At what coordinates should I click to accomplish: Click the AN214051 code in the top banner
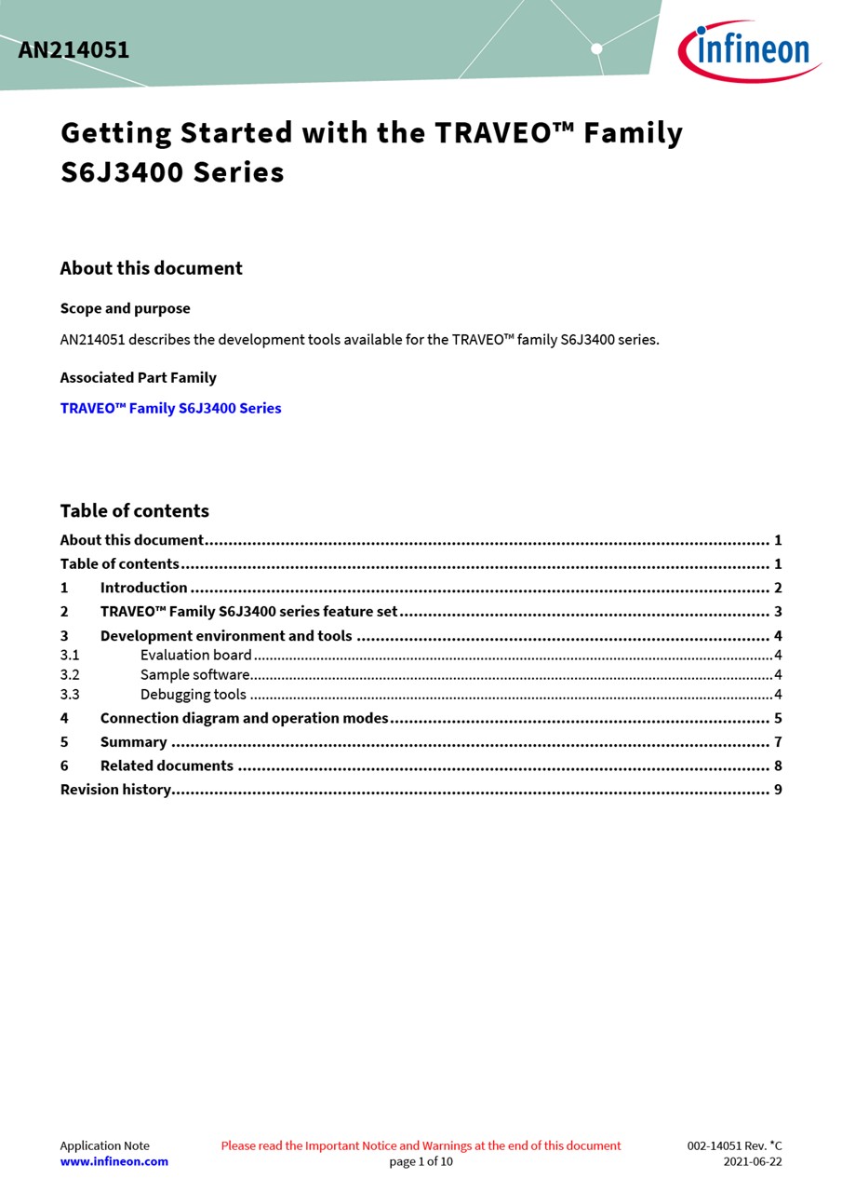[x=74, y=50]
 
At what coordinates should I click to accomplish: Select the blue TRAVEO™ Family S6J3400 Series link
[x=170, y=408]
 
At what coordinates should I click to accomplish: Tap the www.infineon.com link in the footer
[x=114, y=1161]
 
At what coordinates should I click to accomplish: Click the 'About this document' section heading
[x=151, y=268]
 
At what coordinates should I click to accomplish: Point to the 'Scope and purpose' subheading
[x=125, y=308]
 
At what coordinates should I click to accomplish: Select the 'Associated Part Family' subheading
[x=138, y=377]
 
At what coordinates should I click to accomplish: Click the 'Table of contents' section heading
[x=134, y=510]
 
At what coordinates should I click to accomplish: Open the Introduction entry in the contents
[x=143, y=588]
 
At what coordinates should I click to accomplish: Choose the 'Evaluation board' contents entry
[x=195, y=655]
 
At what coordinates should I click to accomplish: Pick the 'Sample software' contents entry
[x=194, y=674]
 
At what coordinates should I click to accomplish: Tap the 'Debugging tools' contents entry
[x=193, y=694]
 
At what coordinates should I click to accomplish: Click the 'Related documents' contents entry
[x=167, y=765]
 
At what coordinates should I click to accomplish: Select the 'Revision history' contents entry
[x=115, y=790]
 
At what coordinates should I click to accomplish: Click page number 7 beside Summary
[x=777, y=742]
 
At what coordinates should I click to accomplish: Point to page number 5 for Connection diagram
[x=777, y=718]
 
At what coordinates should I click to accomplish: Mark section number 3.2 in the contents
[x=70, y=674]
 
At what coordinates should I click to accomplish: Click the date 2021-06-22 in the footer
[x=752, y=1161]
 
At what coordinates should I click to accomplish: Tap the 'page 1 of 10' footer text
[x=421, y=1161]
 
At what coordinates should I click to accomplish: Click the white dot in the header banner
[x=596, y=48]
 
